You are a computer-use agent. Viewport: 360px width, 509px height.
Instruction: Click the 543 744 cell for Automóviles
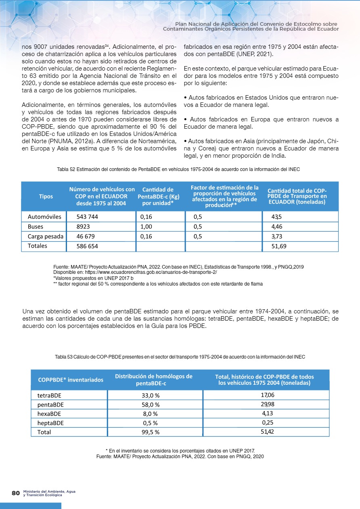pyautogui.click(x=87, y=217)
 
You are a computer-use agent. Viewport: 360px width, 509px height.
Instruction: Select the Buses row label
pyautogui.click(x=36, y=227)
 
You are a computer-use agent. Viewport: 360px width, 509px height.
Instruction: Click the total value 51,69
pyautogui.click(x=279, y=246)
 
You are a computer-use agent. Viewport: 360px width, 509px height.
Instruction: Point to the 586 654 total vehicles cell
pyautogui.click(x=87, y=246)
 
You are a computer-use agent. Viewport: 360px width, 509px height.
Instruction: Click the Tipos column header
pyautogui.click(x=46, y=196)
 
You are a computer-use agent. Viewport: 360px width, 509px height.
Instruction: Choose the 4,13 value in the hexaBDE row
pyautogui.click(x=268, y=413)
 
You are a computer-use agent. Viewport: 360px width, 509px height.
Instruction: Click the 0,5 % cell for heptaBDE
pyautogui.click(x=150, y=423)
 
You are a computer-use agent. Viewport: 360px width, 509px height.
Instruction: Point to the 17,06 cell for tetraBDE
pyautogui.click(x=268, y=395)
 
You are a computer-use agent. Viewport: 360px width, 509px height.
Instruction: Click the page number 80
pyautogui.click(x=16, y=493)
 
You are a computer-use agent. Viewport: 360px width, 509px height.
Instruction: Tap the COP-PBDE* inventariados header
pyautogui.click(x=70, y=380)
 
